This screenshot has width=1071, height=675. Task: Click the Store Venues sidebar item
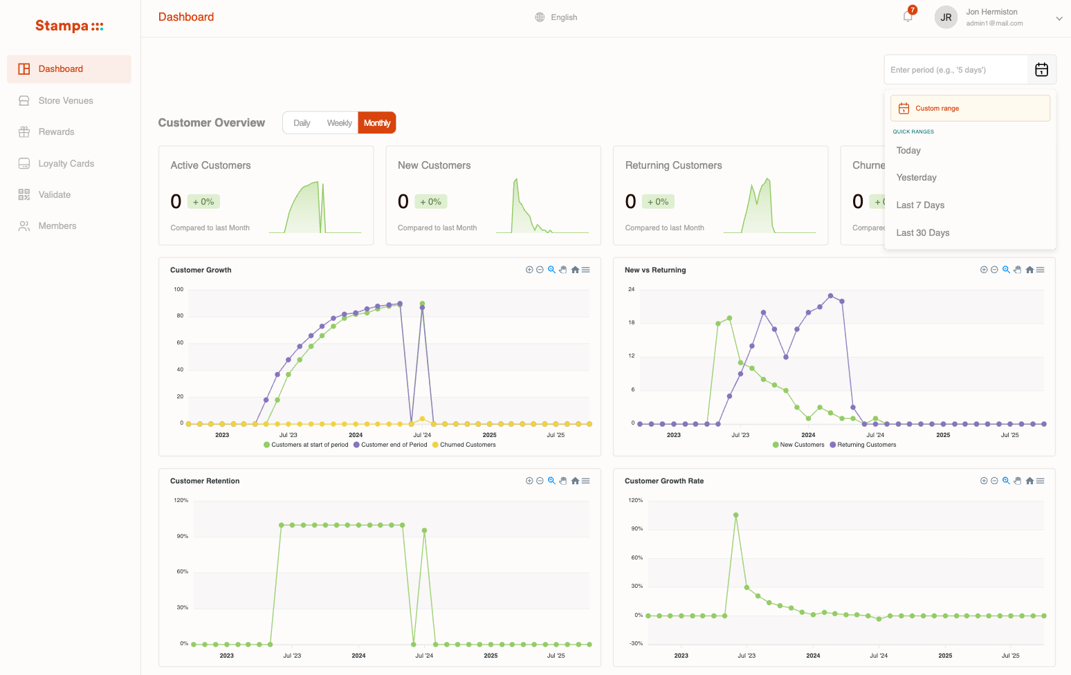click(x=65, y=101)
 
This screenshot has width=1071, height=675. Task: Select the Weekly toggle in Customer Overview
click(x=339, y=123)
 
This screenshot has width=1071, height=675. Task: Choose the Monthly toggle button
click(x=377, y=123)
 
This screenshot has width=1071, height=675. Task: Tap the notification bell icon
click(x=908, y=17)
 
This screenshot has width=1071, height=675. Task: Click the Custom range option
click(x=970, y=109)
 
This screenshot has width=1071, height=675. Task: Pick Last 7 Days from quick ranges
click(x=920, y=205)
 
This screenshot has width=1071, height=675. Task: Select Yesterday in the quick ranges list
click(x=916, y=178)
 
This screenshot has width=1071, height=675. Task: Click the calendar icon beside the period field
click(x=1041, y=70)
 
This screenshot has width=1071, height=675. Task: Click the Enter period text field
click(x=955, y=70)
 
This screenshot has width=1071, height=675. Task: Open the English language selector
click(x=556, y=17)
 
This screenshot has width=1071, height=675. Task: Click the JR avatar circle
click(x=946, y=17)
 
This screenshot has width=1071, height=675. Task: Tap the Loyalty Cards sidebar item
click(x=66, y=164)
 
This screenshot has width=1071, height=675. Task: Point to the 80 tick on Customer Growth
click(x=180, y=316)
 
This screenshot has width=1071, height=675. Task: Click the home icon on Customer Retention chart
click(x=575, y=481)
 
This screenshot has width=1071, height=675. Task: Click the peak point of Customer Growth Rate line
click(x=735, y=515)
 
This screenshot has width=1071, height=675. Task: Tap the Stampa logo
click(x=69, y=26)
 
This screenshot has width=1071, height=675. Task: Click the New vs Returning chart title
click(x=655, y=270)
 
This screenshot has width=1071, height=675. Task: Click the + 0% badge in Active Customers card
click(x=203, y=202)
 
